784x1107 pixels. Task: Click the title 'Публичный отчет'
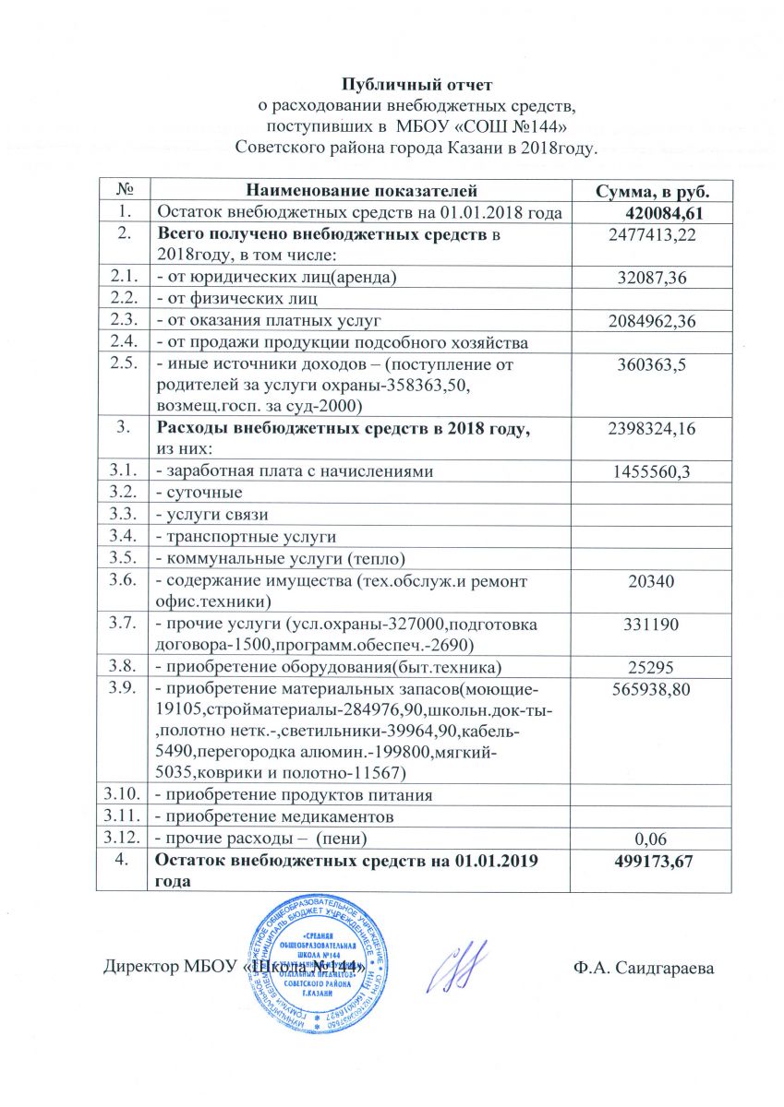(393, 86)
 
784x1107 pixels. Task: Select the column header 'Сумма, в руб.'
(651, 191)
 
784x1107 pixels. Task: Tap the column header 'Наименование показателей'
(360, 191)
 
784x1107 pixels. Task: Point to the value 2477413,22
(651, 236)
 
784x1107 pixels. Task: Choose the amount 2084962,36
(651, 320)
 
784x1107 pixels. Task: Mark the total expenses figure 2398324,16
(651, 429)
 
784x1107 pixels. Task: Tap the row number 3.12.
(127, 838)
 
